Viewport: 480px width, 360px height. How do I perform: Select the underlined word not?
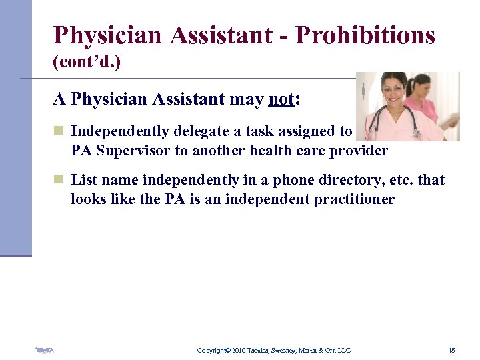point(281,100)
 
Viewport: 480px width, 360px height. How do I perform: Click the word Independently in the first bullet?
point(119,132)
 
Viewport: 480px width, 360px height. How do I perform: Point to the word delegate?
point(202,132)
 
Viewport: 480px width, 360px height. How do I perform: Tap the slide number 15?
point(451,350)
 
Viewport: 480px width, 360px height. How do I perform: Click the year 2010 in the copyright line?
point(240,350)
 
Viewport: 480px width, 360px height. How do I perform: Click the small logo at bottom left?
point(45,349)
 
